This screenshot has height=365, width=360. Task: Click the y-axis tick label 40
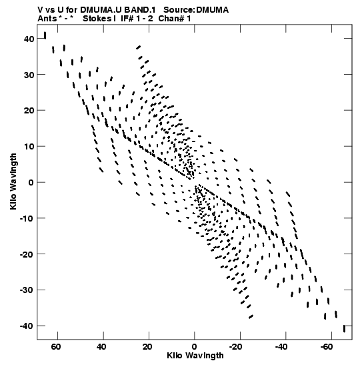point(29,39)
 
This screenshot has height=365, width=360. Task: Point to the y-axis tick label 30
point(29,75)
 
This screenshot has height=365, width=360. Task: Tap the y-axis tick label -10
point(27,219)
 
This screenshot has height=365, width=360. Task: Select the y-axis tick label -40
point(27,326)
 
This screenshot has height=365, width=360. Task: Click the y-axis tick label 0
point(31,183)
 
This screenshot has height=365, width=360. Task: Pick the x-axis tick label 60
point(56,347)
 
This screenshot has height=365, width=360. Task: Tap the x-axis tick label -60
point(327,347)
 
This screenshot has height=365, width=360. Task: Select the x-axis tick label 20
point(147,347)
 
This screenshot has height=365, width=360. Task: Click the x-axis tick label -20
point(235,347)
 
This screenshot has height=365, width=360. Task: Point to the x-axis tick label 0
point(195,347)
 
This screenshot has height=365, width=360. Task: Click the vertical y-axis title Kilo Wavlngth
point(13,181)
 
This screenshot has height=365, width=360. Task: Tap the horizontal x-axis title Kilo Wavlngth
point(195,356)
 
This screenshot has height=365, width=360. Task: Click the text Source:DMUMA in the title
point(196,10)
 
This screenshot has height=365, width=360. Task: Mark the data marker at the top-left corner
point(45,35)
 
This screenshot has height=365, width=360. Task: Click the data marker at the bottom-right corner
point(344,329)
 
